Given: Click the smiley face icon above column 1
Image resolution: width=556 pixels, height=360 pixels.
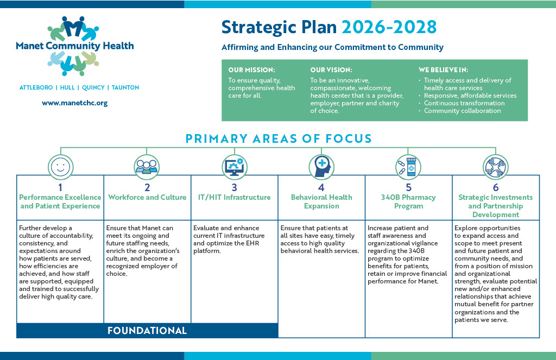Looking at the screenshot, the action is coord(61,167).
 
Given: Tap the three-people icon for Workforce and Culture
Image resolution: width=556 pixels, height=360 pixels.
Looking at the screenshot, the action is coord(147,167).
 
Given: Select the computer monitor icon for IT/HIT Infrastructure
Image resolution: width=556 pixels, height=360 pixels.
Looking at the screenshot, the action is coord(235,167).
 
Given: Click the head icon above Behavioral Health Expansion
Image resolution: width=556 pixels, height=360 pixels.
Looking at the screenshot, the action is coord(321,167).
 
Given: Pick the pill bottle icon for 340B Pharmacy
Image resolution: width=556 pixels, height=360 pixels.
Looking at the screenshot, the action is coord(408,167).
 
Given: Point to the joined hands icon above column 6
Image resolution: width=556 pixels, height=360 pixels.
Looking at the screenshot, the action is coord(495,167).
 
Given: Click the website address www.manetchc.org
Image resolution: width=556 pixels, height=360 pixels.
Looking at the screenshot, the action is coord(74,103).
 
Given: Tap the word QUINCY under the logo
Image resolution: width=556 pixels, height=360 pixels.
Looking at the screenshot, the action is coord(93,87).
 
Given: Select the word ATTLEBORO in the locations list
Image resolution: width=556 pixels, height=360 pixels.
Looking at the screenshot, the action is coord(36,87).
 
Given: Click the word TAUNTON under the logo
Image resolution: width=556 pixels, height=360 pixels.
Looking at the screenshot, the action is coord(125,87).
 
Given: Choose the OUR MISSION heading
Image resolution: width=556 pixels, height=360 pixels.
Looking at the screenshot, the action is coord(251,70).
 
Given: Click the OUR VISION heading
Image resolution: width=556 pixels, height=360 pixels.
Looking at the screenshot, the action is coord(331,70).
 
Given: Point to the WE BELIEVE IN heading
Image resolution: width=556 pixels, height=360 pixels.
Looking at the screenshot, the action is coord(443,70).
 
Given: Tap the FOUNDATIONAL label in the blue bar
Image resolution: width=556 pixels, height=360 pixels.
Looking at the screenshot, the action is coord(147,331).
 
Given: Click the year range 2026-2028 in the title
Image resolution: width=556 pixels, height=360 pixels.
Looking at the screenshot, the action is coord(389,27).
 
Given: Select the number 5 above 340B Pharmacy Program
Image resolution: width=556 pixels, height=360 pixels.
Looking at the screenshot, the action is coord(408,187).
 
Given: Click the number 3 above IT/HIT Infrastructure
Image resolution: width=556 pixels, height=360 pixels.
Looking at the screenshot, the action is coord(235,187).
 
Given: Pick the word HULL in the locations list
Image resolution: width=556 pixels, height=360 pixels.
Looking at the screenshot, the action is coord(67,87).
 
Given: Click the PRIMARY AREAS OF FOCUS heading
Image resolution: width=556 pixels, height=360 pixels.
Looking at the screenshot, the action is coord(279,138).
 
